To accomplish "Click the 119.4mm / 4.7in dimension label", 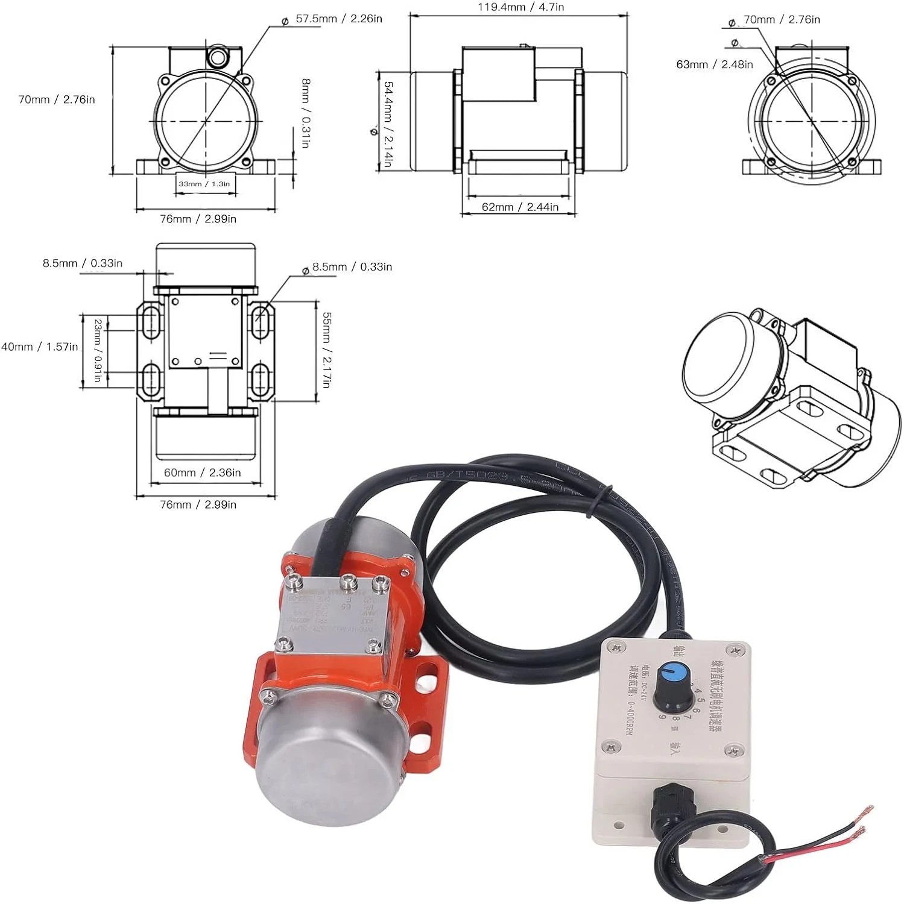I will click(521, 8).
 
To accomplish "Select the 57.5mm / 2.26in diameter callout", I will click(338, 19).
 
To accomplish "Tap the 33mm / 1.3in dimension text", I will click(204, 184).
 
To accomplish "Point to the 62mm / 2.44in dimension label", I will click(520, 207).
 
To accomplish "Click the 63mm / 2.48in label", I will click(715, 64).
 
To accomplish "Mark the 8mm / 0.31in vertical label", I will click(306, 113).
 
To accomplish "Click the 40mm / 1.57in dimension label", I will click(39, 347).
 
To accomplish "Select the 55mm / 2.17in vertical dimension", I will click(326, 350).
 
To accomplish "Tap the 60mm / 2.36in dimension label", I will click(203, 472).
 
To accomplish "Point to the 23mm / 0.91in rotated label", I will click(98, 350).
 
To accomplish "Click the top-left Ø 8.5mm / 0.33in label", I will click(82, 263).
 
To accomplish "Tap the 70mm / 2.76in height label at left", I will click(57, 99).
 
